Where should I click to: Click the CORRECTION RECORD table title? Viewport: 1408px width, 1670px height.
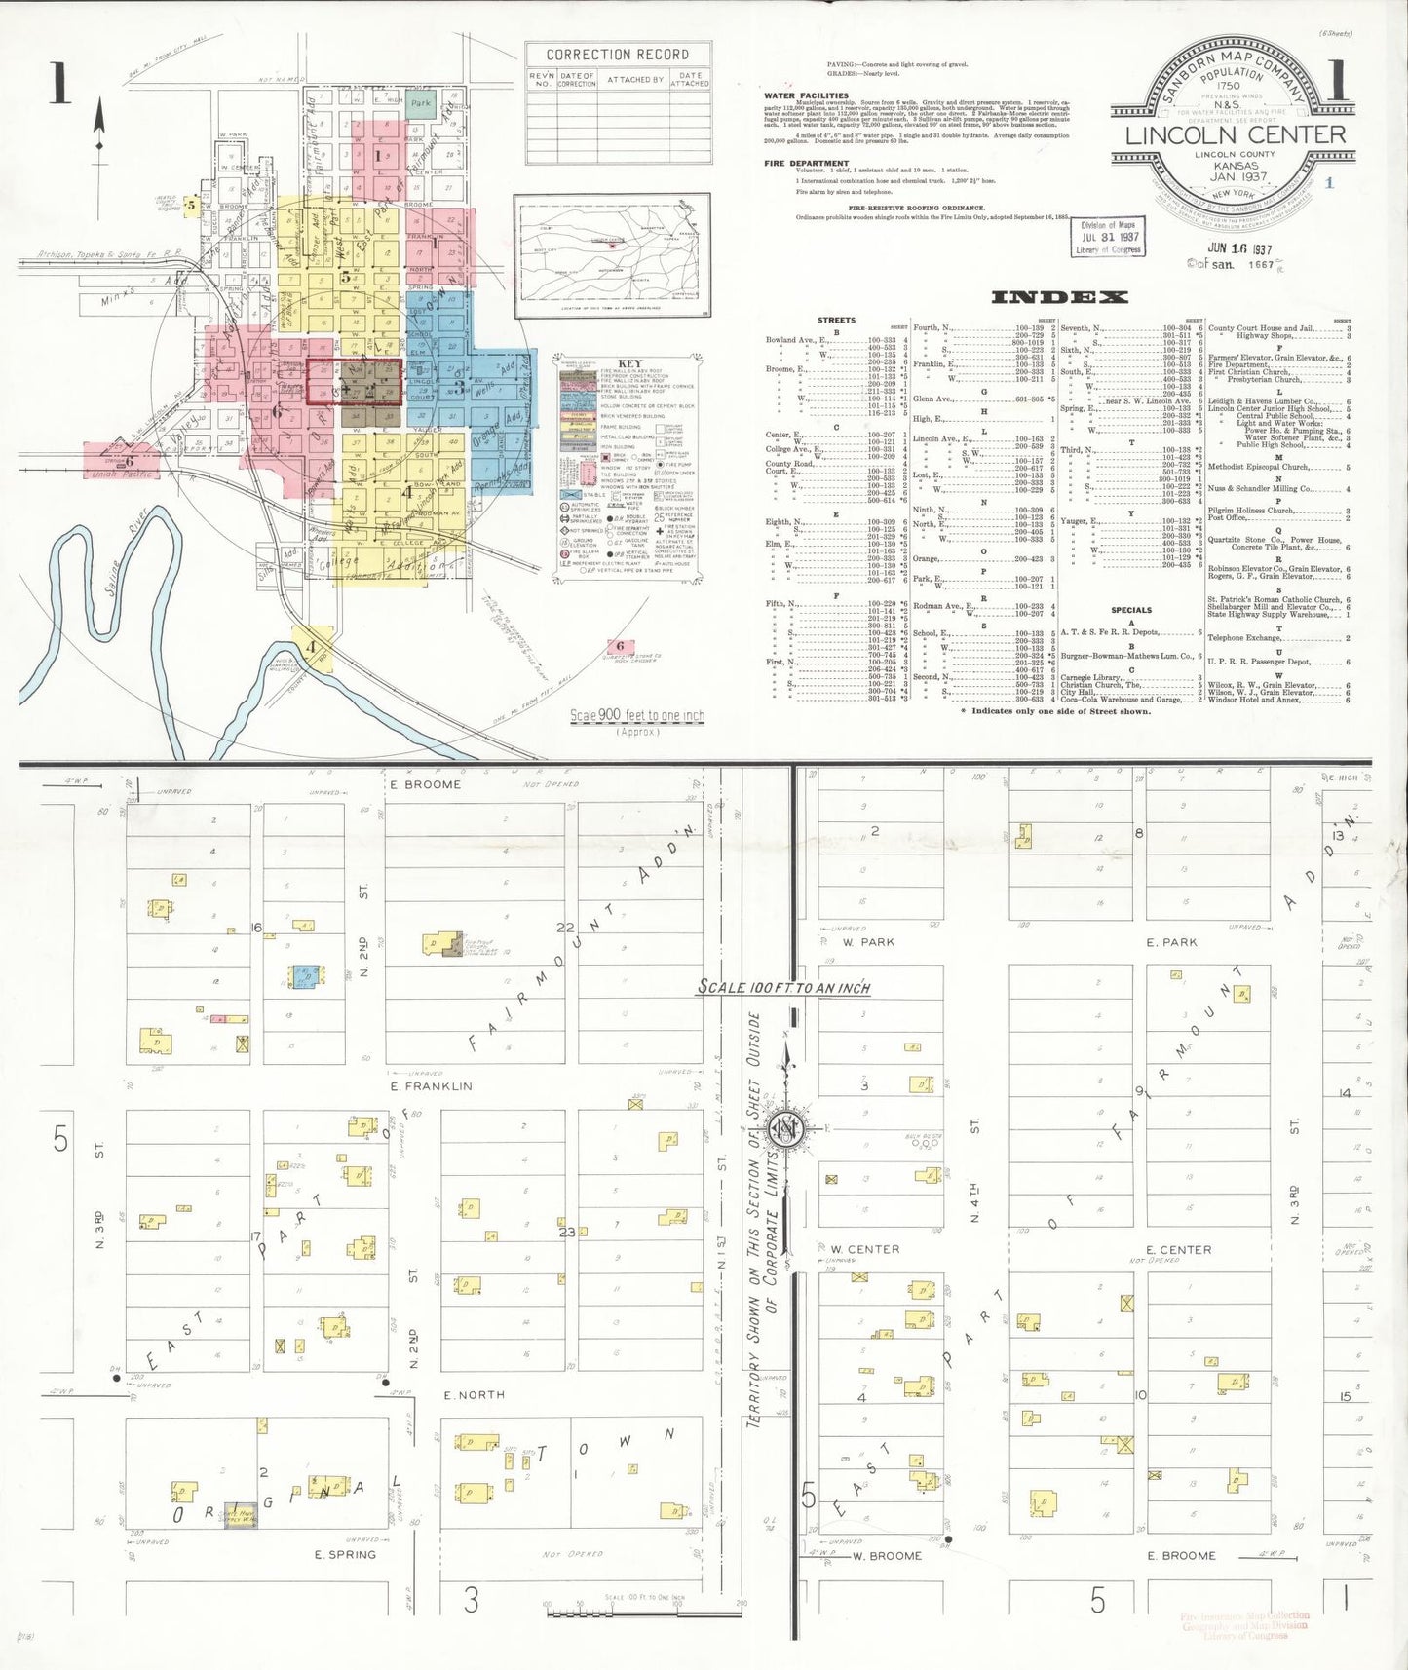[x=617, y=55]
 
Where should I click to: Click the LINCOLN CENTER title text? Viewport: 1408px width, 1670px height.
[x=1235, y=135]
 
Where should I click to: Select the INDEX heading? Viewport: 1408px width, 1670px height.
[x=1059, y=297]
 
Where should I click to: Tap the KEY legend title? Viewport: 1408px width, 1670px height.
[x=629, y=363]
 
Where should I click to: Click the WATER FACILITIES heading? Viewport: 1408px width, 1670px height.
[x=806, y=95]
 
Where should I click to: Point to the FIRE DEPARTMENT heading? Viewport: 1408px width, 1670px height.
[x=806, y=163]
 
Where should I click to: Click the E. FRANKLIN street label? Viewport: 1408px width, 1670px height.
[x=431, y=1086]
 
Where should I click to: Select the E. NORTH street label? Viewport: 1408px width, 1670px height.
[x=474, y=1395]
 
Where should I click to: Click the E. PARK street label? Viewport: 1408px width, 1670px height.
[x=1171, y=942]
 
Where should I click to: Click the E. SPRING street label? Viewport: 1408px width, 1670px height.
[x=345, y=1554]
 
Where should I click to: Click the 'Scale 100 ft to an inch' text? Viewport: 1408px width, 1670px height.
[x=783, y=987]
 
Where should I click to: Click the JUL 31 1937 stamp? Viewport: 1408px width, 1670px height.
[x=1108, y=237]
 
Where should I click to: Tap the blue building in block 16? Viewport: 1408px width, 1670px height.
[x=304, y=975]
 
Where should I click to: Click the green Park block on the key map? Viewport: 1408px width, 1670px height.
[x=421, y=103]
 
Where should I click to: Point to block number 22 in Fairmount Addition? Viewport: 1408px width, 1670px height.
[x=565, y=928]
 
